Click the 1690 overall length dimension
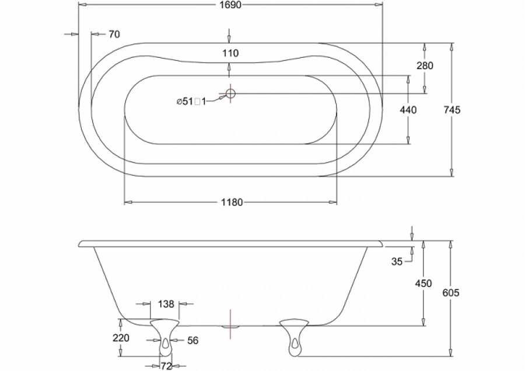230,5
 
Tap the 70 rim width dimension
114,34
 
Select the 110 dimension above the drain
230,53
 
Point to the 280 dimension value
425,65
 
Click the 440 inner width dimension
408,110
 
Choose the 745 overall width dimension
452,110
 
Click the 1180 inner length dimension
232,202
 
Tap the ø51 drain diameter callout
191,101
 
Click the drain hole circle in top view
230,93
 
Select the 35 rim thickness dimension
397,261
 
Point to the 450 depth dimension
423,283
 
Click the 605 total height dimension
451,293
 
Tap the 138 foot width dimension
166,304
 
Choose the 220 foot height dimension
121,338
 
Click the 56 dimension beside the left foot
192,341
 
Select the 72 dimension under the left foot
166,366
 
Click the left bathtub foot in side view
164,337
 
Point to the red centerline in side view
230,324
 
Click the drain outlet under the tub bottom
230,326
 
